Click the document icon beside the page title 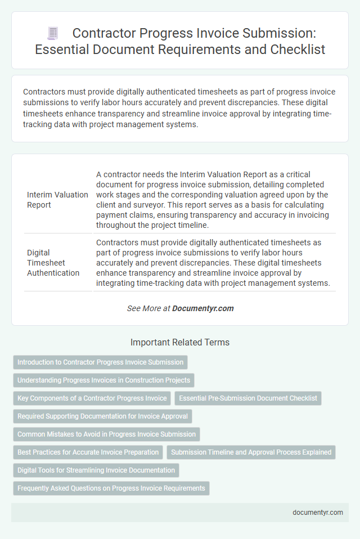click(x=52, y=34)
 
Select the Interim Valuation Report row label click(x=57, y=200)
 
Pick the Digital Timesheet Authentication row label click(x=53, y=263)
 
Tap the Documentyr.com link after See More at click(x=202, y=308)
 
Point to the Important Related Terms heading click(x=179, y=342)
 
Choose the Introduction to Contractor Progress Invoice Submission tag click(x=100, y=362)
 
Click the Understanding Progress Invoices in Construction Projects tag click(x=103, y=380)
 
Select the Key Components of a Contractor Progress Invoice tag click(x=92, y=398)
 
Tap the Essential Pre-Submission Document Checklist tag click(x=248, y=398)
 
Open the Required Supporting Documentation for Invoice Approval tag click(x=103, y=416)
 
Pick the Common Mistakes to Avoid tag click(x=106, y=434)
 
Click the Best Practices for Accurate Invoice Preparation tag click(x=88, y=452)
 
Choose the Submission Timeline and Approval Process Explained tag click(x=251, y=452)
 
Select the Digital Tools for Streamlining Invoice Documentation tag click(x=96, y=470)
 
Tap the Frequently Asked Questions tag click(x=111, y=488)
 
